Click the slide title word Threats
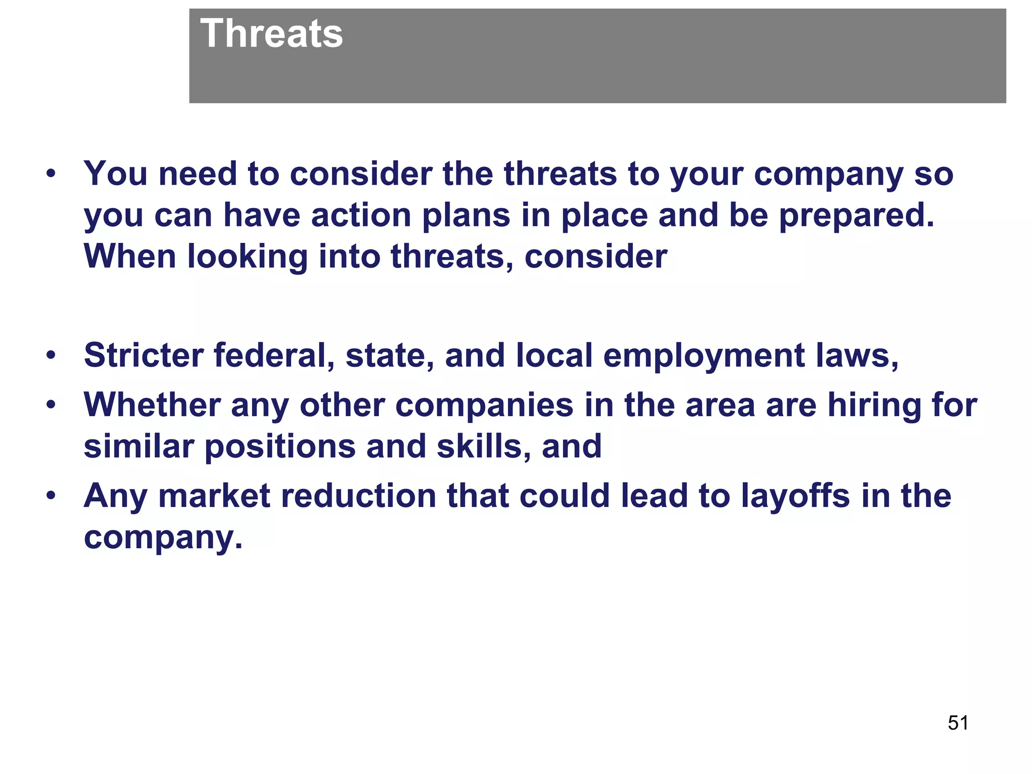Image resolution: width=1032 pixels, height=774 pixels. click(271, 34)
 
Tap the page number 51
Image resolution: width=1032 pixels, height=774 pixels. click(958, 723)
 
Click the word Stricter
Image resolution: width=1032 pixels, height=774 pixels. click(143, 355)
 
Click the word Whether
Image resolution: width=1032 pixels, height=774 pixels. click(152, 405)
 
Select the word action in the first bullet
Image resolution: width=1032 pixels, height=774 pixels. click(361, 216)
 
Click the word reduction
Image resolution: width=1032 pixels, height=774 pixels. click(358, 496)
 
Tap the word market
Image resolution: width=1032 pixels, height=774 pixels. click(214, 496)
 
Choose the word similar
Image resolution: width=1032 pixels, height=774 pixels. click(139, 446)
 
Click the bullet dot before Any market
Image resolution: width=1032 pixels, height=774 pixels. click(50, 497)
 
